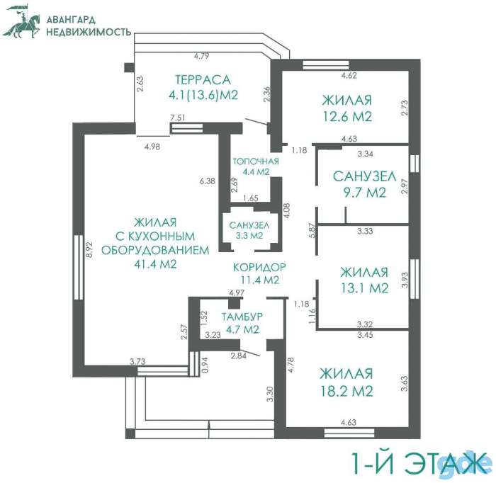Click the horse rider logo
[x=21, y=21]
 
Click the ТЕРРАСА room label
[x=203, y=79]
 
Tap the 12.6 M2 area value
[x=347, y=116]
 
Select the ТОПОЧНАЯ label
[x=256, y=161]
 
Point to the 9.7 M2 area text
[x=365, y=192]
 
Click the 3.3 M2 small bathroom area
[x=249, y=236]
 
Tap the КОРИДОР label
[x=259, y=268]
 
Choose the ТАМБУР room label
[x=242, y=317]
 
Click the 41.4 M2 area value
[x=155, y=264]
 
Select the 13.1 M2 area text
[x=364, y=288]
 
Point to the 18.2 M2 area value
[x=346, y=391]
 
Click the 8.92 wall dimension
[x=89, y=249]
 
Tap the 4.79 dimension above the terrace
[x=201, y=56]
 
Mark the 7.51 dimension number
[x=178, y=118]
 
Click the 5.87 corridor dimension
[x=313, y=230]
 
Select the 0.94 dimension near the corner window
[x=205, y=365]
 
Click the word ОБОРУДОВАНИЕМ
[x=155, y=250]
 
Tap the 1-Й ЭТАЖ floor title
[x=419, y=462]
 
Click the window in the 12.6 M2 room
[x=326, y=64]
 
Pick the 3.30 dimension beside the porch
[x=270, y=394]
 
